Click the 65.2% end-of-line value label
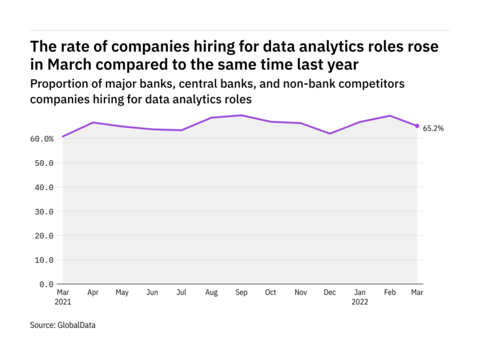click(x=434, y=129)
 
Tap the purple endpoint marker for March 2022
click(x=417, y=126)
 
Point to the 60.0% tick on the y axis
click(x=42, y=139)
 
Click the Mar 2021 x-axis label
click(x=63, y=297)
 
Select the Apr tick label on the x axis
click(x=92, y=293)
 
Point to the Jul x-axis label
click(x=181, y=293)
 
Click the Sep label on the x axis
click(x=242, y=293)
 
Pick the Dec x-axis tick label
click(x=330, y=293)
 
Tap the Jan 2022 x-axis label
click(x=360, y=297)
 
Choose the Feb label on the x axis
click(x=389, y=293)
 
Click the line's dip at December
click(x=330, y=133)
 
